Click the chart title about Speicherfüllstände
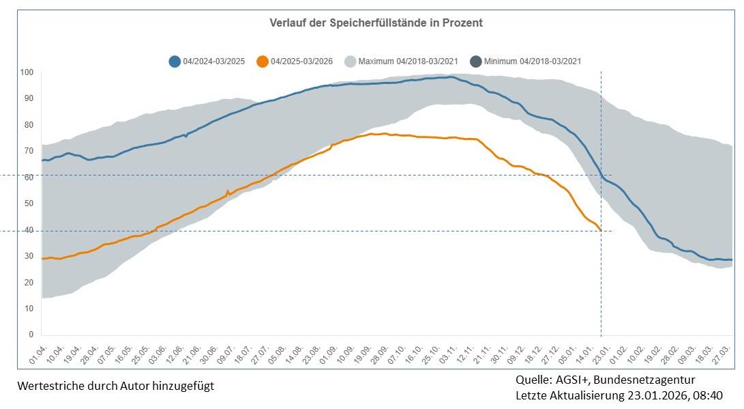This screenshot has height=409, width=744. pyautogui.click(x=376, y=23)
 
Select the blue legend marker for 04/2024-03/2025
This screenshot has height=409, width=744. pyautogui.click(x=175, y=61)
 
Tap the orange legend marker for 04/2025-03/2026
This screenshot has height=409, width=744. pyautogui.click(x=262, y=61)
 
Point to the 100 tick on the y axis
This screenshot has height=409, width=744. pyautogui.click(x=27, y=72)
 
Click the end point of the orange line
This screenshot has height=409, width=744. pyautogui.click(x=600, y=230)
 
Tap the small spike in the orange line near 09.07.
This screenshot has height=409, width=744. pyautogui.click(x=228, y=191)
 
